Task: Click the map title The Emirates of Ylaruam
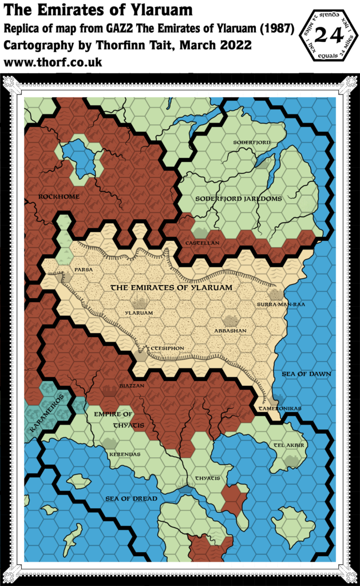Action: [98, 10]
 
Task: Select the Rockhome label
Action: [59, 196]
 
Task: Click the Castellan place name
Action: [201, 243]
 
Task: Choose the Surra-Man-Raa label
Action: [281, 304]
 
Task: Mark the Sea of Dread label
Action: [131, 498]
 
